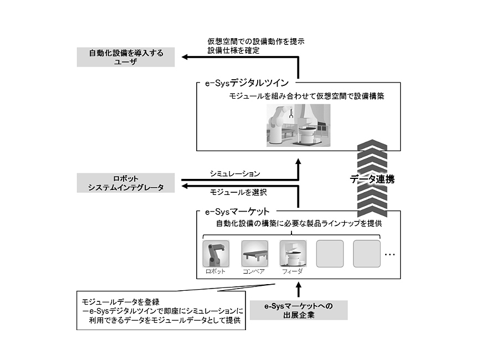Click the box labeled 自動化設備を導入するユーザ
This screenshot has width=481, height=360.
tap(126, 58)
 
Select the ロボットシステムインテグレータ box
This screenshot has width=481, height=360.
tap(126, 183)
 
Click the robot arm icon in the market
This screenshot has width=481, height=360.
tap(216, 254)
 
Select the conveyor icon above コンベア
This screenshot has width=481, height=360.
tap(254, 254)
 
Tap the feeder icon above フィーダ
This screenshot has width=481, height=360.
tap(293, 254)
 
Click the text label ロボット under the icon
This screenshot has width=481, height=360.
tap(216, 272)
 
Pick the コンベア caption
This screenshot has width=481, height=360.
tap(254, 272)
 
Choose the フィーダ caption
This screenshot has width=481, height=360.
tap(292, 272)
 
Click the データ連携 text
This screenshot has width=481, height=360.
tap(372, 179)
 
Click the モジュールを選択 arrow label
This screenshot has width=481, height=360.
tap(238, 192)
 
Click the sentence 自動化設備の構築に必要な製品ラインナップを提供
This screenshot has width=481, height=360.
tap(299, 224)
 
